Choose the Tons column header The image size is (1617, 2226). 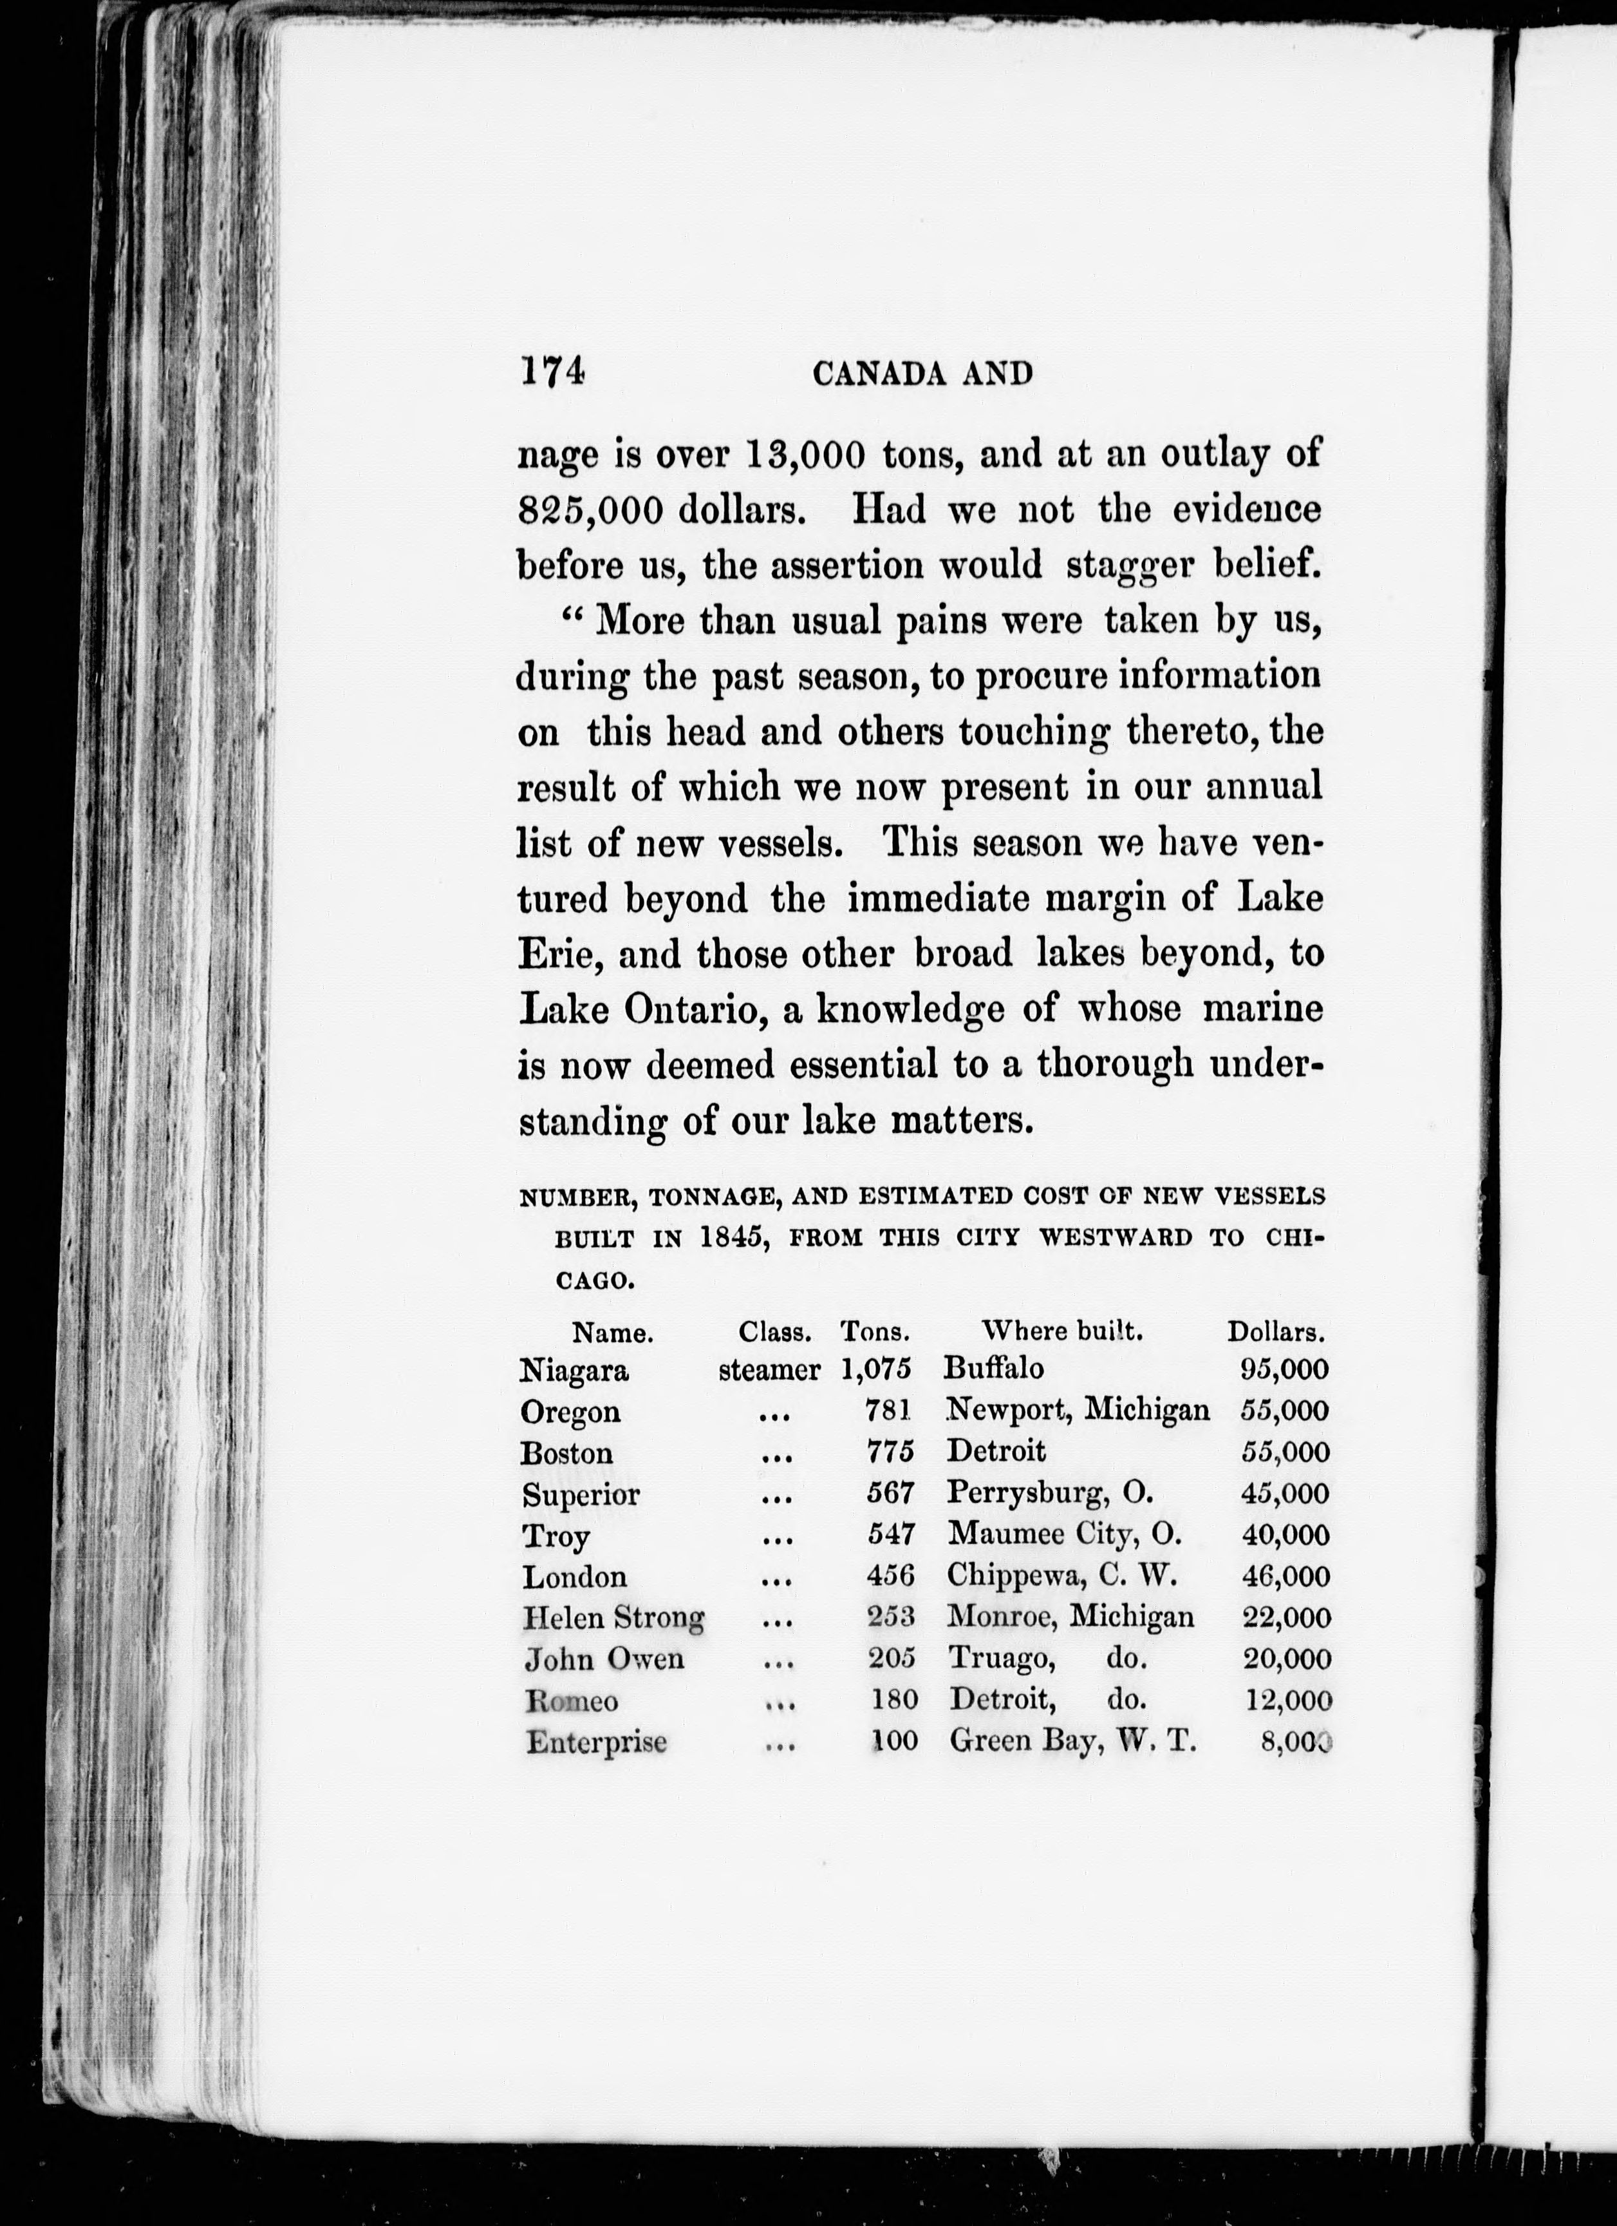pos(875,1332)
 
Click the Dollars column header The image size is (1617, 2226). pos(1276,1332)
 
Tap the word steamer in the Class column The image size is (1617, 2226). pos(769,1370)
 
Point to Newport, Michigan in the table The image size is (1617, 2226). pos(1078,1411)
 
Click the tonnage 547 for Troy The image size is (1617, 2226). pos(890,1535)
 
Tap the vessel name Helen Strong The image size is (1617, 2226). pos(613,1617)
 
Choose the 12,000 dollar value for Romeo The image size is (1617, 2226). pos(1287,1700)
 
